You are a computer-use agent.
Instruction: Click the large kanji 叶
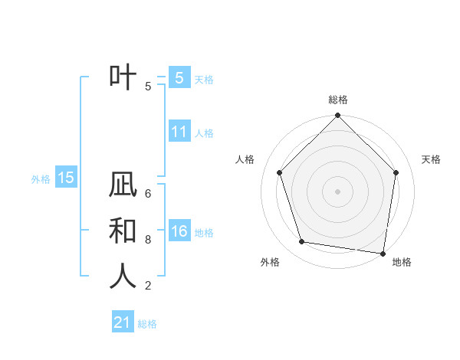pos(123,77)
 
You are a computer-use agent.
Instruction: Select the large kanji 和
pos(123,231)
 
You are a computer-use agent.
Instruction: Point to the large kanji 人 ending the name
pos(123,277)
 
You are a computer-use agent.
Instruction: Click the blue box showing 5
pos(179,77)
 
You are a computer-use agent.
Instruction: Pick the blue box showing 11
pos(179,132)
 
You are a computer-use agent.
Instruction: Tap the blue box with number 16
pos(179,231)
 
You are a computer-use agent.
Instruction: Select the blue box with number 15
pos(66,178)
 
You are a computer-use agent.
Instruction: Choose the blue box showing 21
pos(123,322)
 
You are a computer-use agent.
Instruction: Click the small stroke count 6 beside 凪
pos(148,194)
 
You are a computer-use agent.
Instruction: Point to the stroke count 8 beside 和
pos(148,240)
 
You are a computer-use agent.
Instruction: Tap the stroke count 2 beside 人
pos(148,286)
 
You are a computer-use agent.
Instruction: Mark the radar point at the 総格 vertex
pos(337,116)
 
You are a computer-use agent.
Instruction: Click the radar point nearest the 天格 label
pos(396,172)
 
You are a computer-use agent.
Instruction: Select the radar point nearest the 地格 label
pos(383,253)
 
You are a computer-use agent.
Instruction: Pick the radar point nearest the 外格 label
pos(302,242)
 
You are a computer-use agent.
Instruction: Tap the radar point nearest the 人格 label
pos(280,172)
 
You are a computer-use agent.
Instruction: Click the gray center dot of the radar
pos(337,191)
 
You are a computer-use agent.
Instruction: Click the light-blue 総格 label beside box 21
pos(147,324)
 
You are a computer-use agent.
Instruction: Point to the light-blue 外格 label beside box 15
pos(41,179)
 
